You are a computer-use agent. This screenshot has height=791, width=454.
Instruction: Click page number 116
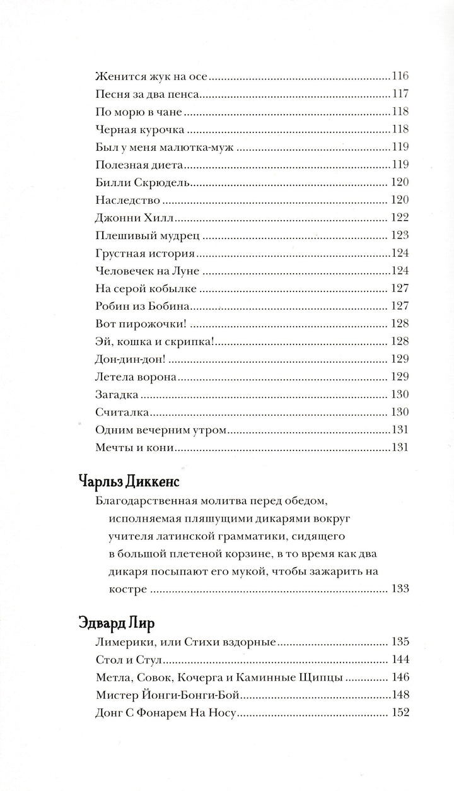pyautogui.click(x=400, y=77)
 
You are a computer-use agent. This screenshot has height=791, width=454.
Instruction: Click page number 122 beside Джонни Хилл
pyautogui.click(x=400, y=219)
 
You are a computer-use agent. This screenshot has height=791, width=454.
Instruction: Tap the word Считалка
pyautogui.click(x=122, y=413)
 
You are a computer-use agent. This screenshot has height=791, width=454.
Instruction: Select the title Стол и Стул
pyautogui.click(x=127, y=660)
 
